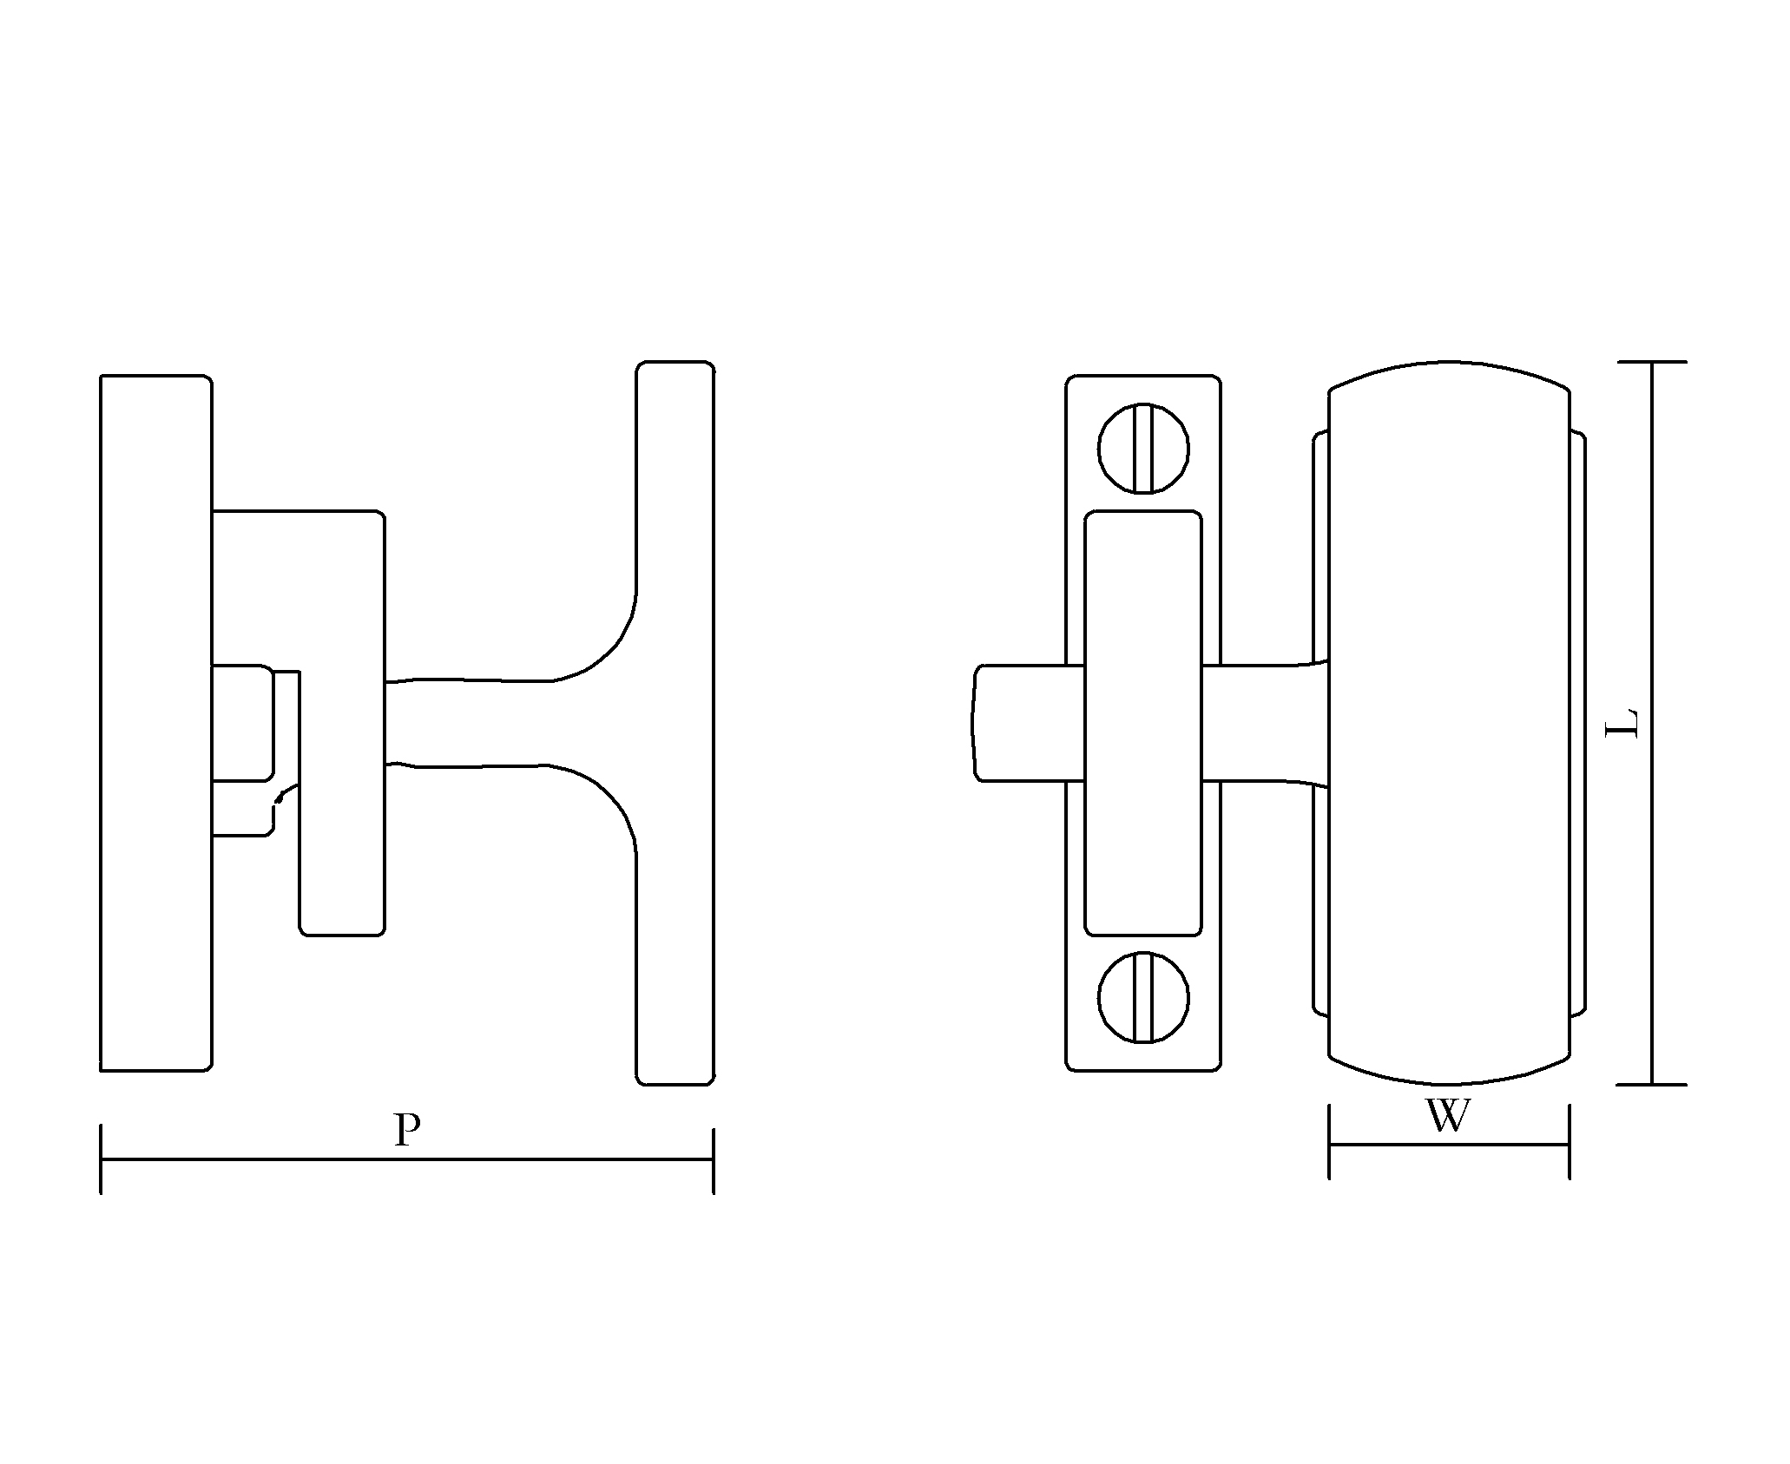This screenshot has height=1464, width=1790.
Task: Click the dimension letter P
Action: pyautogui.click(x=407, y=1129)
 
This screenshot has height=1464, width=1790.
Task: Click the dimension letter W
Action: pyautogui.click(x=1448, y=1116)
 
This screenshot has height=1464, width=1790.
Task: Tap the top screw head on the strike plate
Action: pyautogui.click(x=1143, y=449)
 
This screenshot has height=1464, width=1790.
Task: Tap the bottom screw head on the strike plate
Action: pyautogui.click(x=1143, y=996)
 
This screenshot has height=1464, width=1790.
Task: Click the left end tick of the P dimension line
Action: pyautogui.click(x=102, y=1159)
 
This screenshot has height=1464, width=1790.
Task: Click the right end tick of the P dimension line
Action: pyautogui.click(x=713, y=1160)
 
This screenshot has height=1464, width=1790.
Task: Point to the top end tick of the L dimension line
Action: pyautogui.click(x=1651, y=361)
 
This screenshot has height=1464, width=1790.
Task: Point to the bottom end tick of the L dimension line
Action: pyautogui.click(x=1651, y=1084)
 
